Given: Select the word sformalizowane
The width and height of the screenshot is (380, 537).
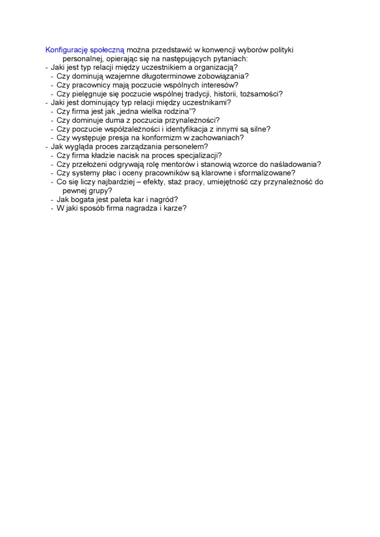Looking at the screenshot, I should point(267,173).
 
